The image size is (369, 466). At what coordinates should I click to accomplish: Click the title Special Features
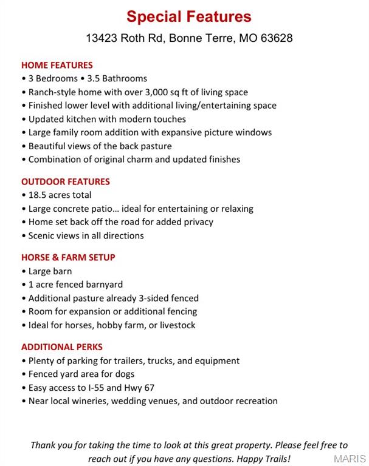(188, 16)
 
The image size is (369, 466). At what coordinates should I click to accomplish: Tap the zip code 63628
(277, 38)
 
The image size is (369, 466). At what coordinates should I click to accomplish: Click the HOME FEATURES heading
(57, 65)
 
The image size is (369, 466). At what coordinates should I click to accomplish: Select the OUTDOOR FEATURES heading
(66, 181)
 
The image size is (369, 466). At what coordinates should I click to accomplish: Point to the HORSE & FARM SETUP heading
(68, 257)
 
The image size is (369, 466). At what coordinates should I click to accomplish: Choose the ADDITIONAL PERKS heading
(62, 347)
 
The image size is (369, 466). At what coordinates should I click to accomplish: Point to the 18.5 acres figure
(51, 195)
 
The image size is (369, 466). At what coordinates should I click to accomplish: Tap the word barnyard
(102, 285)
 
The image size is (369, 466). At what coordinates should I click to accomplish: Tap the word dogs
(124, 374)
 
